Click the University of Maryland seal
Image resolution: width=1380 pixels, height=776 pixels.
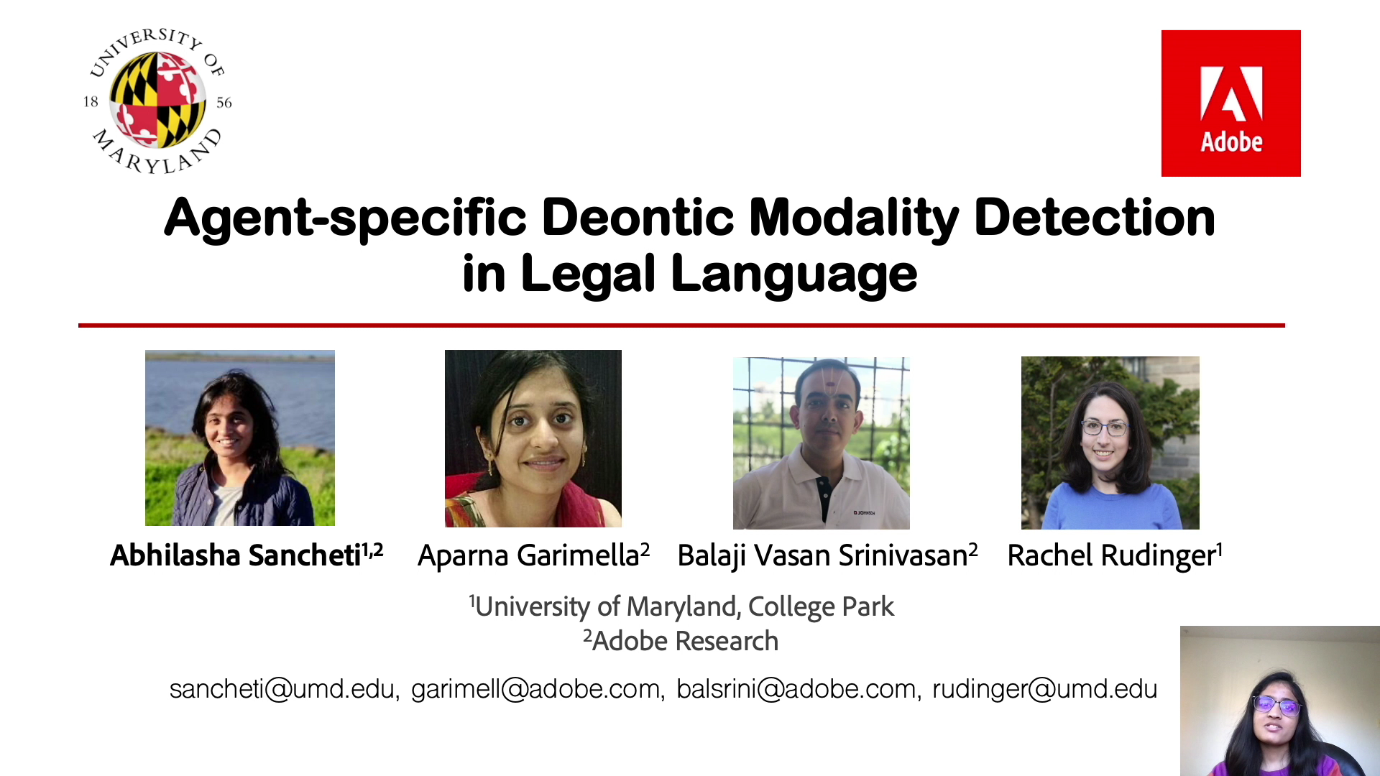point(157,101)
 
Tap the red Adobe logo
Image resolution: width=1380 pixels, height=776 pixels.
point(1230,103)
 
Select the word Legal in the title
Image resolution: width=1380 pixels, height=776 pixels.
point(588,274)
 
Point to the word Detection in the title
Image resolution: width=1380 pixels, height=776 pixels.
point(1095,217)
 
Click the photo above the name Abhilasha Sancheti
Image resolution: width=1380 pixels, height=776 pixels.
point(240,438)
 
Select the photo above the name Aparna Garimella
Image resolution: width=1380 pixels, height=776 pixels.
point(533,438)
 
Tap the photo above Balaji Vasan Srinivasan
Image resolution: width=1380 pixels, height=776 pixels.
point(822,443)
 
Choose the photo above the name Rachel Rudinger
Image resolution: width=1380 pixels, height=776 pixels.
point(1110,443)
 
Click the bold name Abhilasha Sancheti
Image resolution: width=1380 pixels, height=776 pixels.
point(235,555)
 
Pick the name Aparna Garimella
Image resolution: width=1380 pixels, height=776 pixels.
point(528,555)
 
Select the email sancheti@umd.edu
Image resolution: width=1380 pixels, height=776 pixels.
point(282,689)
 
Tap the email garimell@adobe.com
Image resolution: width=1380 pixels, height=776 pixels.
point(535,689)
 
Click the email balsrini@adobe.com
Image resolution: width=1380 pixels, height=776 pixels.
point(796,689)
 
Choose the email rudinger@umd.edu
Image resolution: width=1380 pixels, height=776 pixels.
point(1044,689)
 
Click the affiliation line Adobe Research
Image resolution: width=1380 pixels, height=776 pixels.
point(685,641)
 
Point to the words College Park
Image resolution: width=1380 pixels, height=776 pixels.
point(821,607)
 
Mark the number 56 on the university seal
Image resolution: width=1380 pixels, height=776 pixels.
point(224,103)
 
